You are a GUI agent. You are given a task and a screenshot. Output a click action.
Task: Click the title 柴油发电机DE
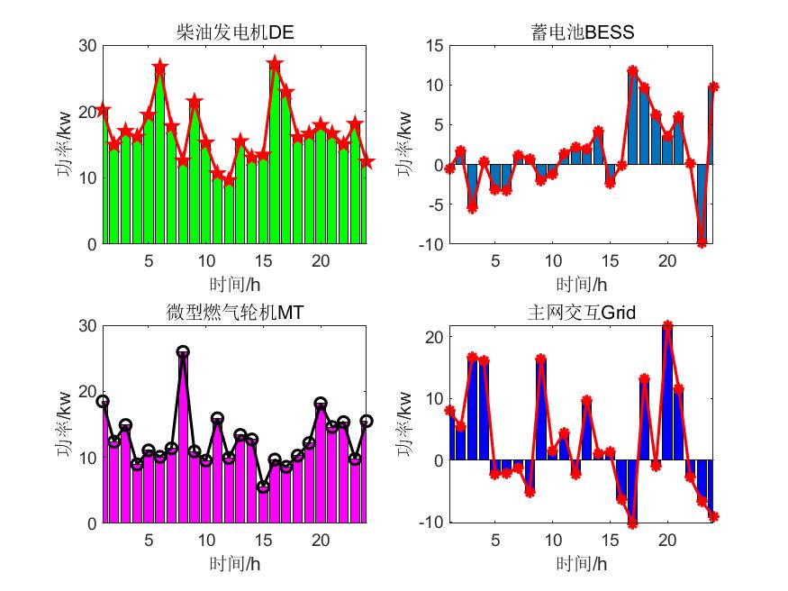point(235,33)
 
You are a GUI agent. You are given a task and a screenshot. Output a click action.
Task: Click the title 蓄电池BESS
point(582,33)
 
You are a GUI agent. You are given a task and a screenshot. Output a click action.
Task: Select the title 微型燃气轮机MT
point(235,313)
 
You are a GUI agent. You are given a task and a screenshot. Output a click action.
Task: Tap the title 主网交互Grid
point(582,313)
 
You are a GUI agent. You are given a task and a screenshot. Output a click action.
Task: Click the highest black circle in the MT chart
point(183,352)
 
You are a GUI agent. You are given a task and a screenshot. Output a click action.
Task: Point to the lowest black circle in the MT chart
point(263,486)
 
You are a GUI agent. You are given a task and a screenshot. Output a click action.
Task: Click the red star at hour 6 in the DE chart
point(160,68)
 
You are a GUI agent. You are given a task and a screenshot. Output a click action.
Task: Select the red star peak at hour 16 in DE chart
point(275,64)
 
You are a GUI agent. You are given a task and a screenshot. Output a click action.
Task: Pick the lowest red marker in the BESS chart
point(702,242)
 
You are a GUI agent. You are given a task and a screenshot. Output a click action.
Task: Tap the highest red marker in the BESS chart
point(633,70)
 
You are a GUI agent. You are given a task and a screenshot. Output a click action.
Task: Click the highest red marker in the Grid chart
point(667,326)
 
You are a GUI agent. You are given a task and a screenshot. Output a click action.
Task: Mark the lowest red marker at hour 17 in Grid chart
point(633,523)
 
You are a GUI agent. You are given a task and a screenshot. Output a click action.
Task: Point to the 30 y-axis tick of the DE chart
point(86,45)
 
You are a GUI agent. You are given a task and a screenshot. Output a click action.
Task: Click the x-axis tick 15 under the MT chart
point(263,540)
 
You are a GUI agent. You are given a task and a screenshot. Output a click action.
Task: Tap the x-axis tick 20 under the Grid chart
point(667,540)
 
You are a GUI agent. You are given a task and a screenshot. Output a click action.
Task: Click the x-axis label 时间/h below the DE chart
point(235,285)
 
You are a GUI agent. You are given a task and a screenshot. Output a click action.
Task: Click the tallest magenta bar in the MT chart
point(183,441)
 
